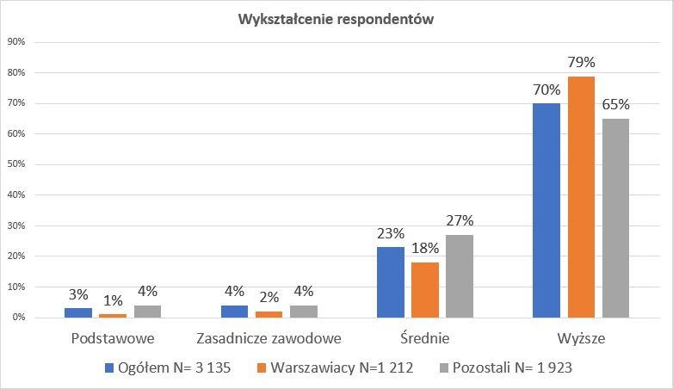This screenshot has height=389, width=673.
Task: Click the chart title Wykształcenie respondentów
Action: [336, 21]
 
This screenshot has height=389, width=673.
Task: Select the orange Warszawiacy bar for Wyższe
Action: [581, 197]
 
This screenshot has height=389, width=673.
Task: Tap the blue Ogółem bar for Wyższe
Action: [546, 211]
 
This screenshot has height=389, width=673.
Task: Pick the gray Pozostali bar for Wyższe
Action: [615, 219]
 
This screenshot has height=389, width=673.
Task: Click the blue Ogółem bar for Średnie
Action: [391, 282]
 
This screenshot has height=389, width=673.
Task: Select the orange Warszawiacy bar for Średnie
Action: [425, 290]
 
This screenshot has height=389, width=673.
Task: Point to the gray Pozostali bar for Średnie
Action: [460, 276]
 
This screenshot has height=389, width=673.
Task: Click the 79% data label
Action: [581, 62]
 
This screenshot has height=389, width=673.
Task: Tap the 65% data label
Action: [615, 105]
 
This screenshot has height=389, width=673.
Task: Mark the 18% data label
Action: [425, 248]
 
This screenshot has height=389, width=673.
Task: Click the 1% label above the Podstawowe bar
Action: [114, 300]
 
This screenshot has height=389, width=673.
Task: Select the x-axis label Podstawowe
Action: [114, 339]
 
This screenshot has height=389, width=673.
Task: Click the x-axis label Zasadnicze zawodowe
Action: [269, 339]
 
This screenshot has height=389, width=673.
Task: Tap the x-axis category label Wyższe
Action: [581, 339]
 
